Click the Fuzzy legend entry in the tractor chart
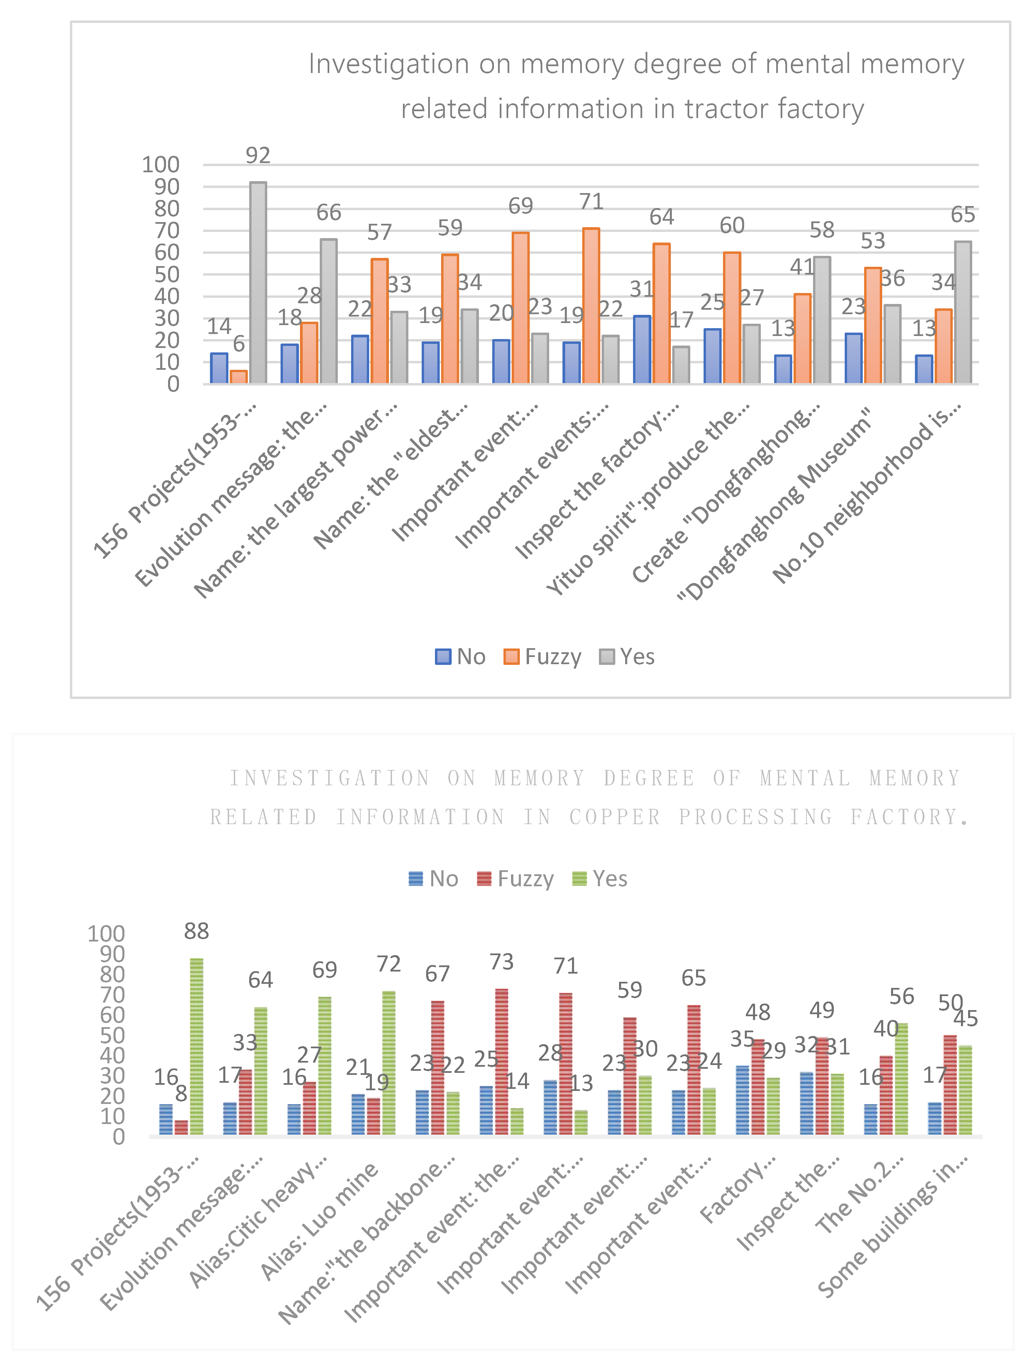point(543,656)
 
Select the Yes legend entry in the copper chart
point(600,879)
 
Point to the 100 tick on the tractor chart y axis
point(161,165)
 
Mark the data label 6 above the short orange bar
point(239,344)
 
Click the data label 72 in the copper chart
point(388,964)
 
